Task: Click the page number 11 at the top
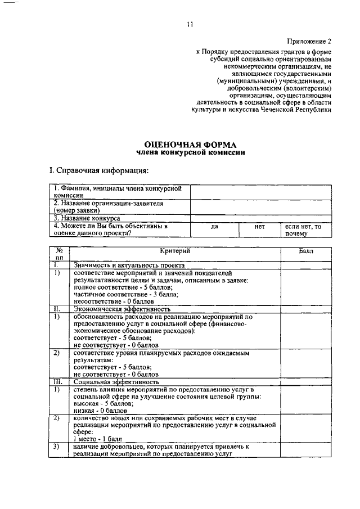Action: [x=190, y=24]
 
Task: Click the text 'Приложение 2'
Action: [x=310, y=42]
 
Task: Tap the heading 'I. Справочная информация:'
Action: [x=97, y=170]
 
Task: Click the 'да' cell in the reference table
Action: [x=214, y=226]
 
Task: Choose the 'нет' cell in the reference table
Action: [x=259, y=226]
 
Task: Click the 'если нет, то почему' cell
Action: [x=303, y=229]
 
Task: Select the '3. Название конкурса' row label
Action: [x=87, y=218]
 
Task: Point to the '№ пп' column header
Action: [x=59, y=253]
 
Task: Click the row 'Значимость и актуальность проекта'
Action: [x=129, y=264]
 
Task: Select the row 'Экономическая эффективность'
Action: [x=121, y=309]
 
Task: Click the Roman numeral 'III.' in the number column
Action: [x=58, y=381]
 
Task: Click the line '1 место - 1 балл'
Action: [x=97, y=438]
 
